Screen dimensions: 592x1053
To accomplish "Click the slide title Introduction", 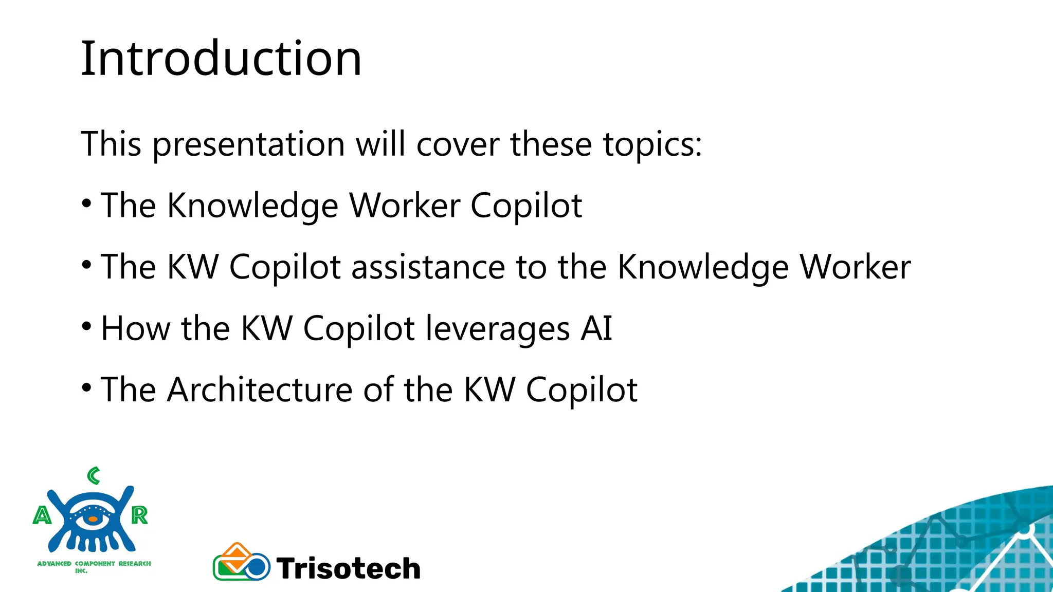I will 221,59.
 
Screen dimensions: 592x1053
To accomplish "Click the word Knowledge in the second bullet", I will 702,267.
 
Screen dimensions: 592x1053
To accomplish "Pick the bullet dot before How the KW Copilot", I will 86,327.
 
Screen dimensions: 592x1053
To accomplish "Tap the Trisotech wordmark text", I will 348,568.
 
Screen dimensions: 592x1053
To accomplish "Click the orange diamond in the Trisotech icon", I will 237,554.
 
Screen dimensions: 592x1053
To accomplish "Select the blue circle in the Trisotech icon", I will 256,567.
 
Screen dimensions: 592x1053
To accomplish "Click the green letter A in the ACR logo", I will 42,515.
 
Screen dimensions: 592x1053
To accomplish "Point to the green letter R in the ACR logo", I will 139,515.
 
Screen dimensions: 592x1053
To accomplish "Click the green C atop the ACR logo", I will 94,476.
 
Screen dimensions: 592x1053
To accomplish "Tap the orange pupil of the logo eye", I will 93,520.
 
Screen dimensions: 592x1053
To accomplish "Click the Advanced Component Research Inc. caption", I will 94,566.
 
